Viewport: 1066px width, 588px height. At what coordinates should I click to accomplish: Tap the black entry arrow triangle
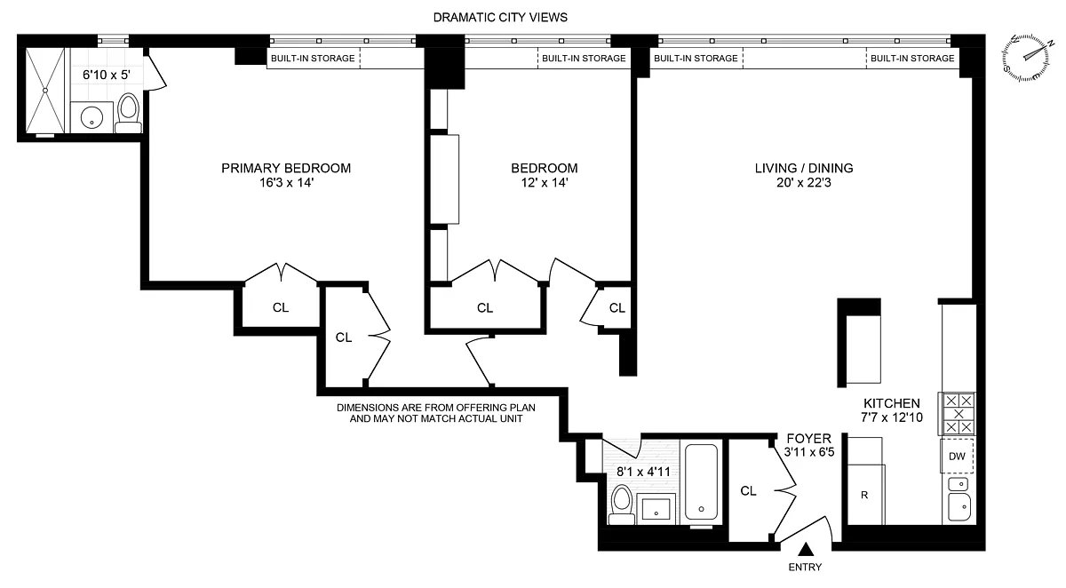pyautogui.click(x=806, y=550)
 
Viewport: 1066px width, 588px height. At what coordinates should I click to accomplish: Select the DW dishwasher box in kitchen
pyautogui.click(x=957, y=457)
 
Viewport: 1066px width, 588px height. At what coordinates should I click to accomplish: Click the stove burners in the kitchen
pyautogui.click(x=958, y=413)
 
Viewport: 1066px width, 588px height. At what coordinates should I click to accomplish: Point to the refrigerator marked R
pyautogui.click(x=865, y=495)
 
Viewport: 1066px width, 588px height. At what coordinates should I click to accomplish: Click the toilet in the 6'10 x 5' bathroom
pyautogui.click(x=128, y=114)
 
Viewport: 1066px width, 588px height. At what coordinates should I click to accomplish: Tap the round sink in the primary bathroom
pyautogui.click(x=91, y=117)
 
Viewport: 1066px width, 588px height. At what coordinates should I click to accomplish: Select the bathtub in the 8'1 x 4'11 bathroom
pyautogui.click(x=702, y=482)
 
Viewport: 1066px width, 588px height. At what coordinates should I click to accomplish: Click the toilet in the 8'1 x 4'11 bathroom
pyautogui.click(x=621, y=505)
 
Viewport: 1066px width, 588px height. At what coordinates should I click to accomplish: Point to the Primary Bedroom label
pyautogui.click(x=286, y=168)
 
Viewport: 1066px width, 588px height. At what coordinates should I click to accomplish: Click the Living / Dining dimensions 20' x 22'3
pyautogui.click(x=804, y=183)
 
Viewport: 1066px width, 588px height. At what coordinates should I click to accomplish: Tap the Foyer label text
pyautogui.click(x=809, y=439)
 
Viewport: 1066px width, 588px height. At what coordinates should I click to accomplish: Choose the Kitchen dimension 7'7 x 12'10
pyautogui.click(x=891, y=417)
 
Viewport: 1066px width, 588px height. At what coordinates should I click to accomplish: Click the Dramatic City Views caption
pyautogui.click(x=500, y=18)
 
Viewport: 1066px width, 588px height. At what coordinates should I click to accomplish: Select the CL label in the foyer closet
pyautogui.click(x=748, y=491)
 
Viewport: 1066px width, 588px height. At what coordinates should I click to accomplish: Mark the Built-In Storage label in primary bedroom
pyautogui.click(x=313, y=58)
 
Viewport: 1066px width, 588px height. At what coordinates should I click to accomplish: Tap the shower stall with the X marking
pyautogui.click(x=44, y=90)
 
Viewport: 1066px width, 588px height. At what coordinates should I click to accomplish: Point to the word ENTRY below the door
pyautogui.click(x=805, y=567)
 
